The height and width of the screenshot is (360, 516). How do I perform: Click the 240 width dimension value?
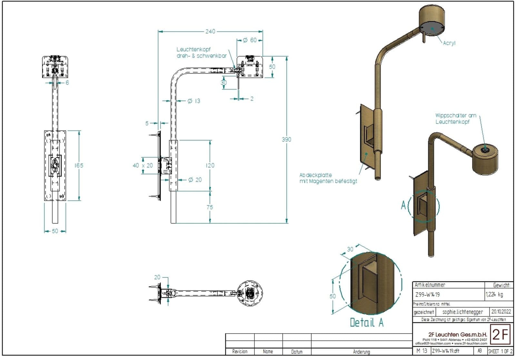[210, 31]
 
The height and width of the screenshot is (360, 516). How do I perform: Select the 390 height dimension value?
[286, 139]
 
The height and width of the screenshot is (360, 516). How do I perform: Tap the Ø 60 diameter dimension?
[250, 40]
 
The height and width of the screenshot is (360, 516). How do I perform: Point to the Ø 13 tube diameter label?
[194, 101]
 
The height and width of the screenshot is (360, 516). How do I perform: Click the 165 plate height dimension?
[79, 165]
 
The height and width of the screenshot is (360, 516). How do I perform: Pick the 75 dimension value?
[210, 207]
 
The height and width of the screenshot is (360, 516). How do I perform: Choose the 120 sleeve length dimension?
[210, 165]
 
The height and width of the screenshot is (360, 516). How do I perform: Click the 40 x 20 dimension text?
[143, 165]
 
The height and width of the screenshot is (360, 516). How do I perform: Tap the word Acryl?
[449, 43]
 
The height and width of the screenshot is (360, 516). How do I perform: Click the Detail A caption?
[367, 322]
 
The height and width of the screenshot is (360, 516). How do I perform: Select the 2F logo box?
[500, 335]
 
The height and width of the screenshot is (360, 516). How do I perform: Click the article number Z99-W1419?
[427, 295]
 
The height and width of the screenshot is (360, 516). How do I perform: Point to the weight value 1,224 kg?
[494, 294]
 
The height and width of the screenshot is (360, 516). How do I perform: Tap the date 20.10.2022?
[501, 312]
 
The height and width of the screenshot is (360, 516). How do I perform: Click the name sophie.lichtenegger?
[462, 312]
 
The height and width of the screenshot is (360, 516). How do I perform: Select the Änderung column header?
[361, 352]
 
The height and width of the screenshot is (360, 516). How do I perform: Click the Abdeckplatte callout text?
[328, 178]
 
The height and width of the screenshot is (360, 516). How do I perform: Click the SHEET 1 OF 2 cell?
[500, 351]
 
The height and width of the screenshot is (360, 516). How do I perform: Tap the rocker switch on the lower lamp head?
[484, 150]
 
